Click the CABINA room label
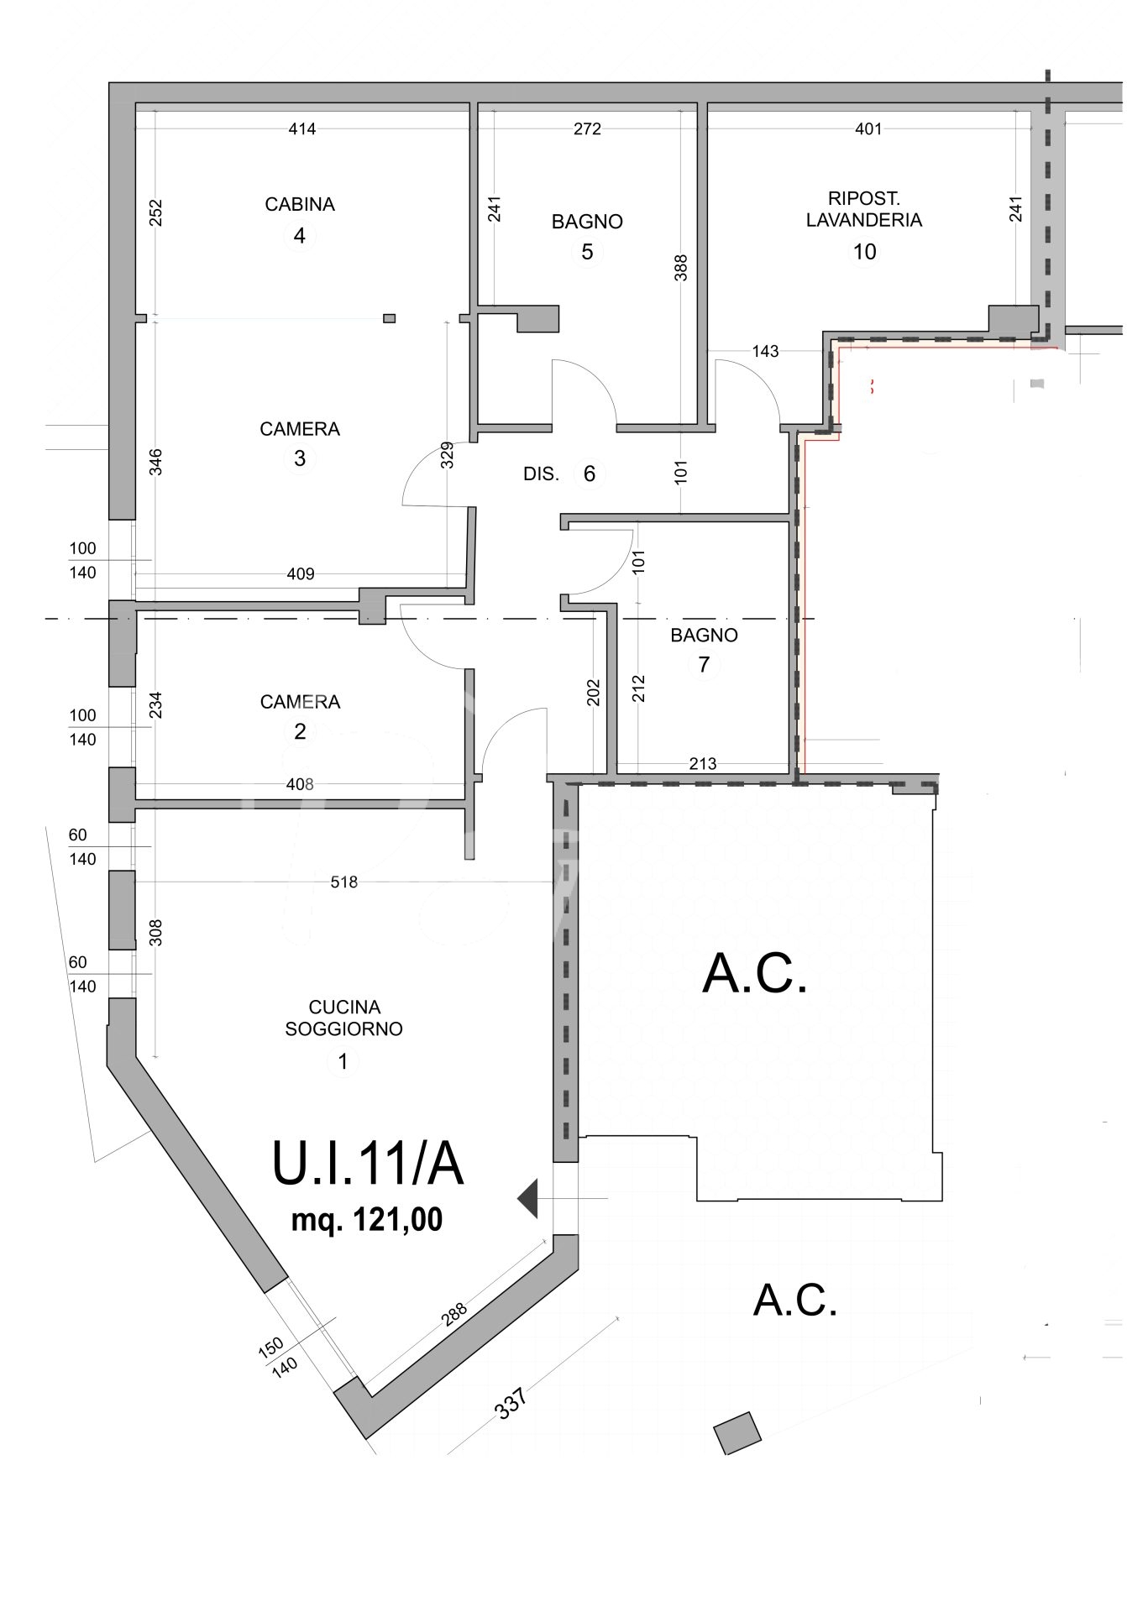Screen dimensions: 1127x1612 tap(300, 204)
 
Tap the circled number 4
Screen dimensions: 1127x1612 tap(300, 236)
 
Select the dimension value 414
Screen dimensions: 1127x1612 tap(302, 128)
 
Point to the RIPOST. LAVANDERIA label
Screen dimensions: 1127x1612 tap(864, 209)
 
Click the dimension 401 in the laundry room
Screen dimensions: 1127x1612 tap(869, 128)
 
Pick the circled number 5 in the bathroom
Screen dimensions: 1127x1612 tap(587, 251)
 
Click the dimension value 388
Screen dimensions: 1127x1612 tap(681, 268)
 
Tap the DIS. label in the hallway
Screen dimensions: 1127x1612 tap(541, 474)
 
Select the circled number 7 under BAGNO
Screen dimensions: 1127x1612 tap(704, 665)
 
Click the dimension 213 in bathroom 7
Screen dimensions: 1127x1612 tap(703, 763)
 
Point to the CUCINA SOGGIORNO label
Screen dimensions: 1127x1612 tap(344, 1018)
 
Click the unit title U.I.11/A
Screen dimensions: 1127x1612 tap(368, 1163)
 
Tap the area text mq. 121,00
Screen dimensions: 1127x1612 tap(367, 1219)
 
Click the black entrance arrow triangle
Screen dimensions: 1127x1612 tap(527, 1198)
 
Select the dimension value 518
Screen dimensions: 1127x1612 tap(344, 882)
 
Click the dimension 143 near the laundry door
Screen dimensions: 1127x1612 tap(765, 351)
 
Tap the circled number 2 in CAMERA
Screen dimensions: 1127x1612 tap(300, 731)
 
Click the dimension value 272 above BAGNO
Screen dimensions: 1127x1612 tap(588, 128)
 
